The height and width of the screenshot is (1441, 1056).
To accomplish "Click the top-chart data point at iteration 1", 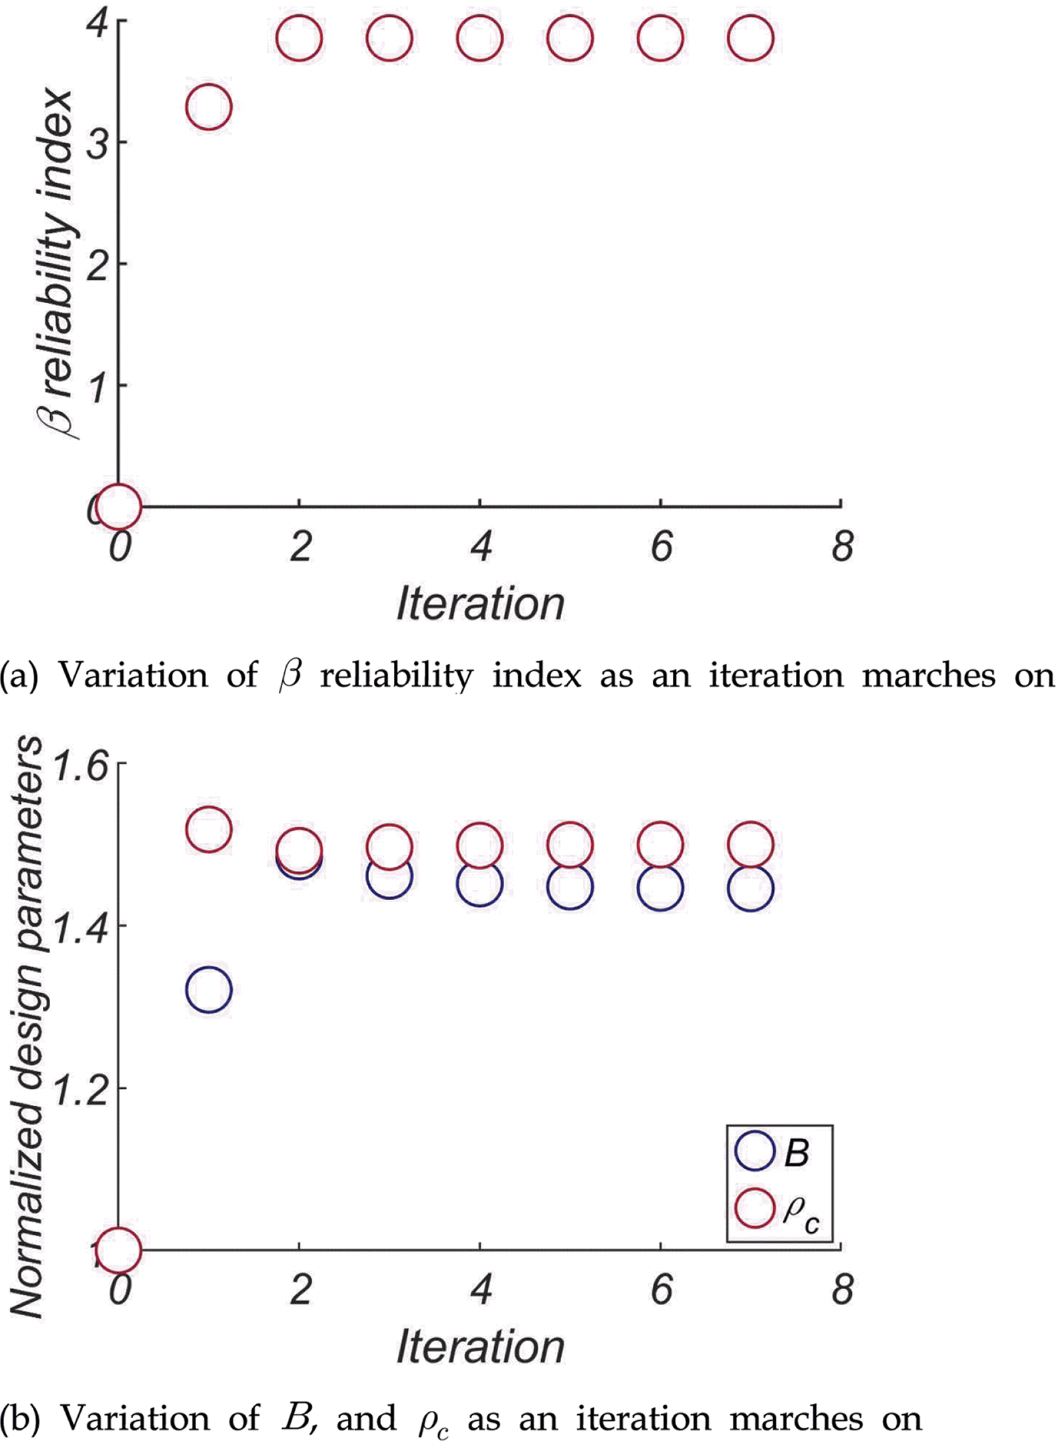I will click(209, 107).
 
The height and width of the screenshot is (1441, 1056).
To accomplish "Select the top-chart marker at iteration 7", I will click(750, 38).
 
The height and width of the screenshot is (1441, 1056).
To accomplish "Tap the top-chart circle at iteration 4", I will click(480, 38).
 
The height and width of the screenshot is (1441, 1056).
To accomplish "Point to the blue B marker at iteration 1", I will click(209, 989).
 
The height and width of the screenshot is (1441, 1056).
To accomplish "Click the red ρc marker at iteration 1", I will click(209, 829).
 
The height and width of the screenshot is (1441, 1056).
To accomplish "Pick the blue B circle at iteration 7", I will click(750, 889).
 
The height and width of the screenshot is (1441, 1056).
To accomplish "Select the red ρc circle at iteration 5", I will click(570, 845).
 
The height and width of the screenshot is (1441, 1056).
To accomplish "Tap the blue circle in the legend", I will click(754, 1151).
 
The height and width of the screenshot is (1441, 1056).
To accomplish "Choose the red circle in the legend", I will click(754, 1207).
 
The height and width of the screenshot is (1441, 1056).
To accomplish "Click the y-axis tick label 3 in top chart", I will click(98, 142).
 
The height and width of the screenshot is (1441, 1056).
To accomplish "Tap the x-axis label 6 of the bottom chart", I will click(661, 1288).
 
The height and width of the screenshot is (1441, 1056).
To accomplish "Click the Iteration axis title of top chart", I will click(480, 604).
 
